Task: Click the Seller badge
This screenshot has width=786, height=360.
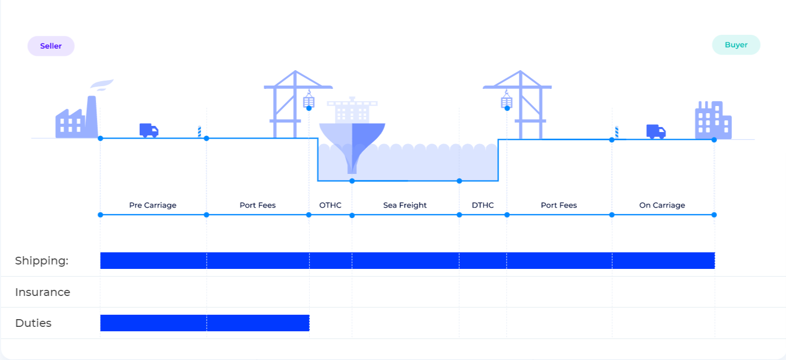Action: [51, 46]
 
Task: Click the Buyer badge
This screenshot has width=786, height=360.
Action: [736, 45]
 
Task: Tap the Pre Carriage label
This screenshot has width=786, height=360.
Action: [152, 205]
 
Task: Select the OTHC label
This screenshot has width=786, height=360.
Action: [330, 205]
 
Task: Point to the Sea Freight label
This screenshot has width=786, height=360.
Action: [405, 205]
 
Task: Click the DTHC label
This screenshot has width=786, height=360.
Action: [483, 205]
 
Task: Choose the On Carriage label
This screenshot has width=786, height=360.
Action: [662, 205]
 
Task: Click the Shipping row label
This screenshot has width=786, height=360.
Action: [41, 261]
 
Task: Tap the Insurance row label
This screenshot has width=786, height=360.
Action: [43, 292]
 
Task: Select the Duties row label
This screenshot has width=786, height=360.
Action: [33, 323]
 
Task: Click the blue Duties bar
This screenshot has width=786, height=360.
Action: [204, 323]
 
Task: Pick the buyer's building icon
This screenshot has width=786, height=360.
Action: [713, 120]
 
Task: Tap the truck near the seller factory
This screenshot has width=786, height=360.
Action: [149, 130]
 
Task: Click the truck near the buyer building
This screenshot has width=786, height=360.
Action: [656, 131]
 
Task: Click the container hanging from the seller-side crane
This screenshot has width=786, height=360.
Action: [309, 102]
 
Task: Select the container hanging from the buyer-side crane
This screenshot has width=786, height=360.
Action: [507, 102]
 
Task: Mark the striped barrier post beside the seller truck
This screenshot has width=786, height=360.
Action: [199, 131]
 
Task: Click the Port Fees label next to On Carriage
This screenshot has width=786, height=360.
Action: [558, 205]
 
